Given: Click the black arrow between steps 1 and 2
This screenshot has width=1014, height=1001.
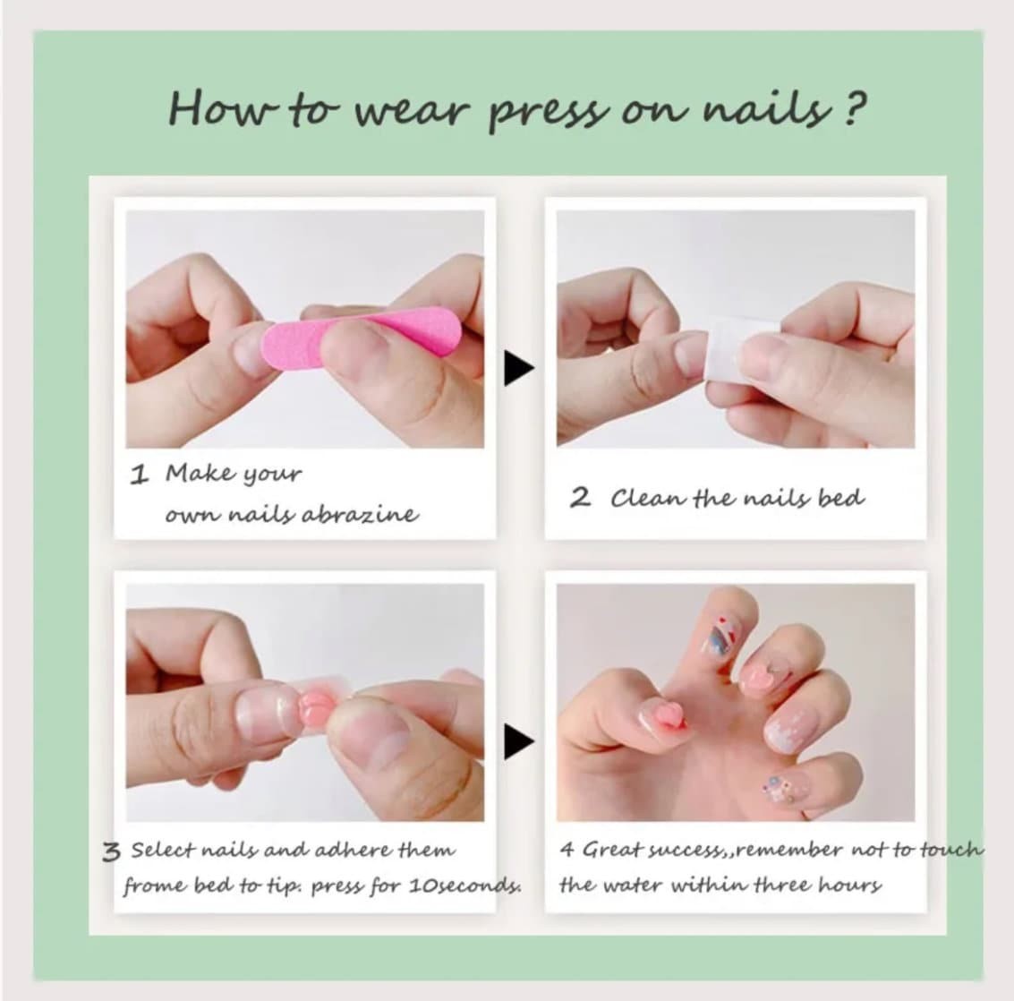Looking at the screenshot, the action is [518, 368].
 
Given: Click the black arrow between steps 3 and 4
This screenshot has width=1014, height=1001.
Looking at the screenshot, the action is [518, 741].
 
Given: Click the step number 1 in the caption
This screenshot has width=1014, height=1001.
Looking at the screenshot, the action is [139, 475].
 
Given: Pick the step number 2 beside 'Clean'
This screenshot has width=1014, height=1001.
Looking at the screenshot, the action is [580, 498].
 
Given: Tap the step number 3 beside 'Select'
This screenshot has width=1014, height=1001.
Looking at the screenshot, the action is [111, 851].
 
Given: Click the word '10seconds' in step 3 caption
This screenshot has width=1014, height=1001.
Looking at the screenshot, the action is [464, 885].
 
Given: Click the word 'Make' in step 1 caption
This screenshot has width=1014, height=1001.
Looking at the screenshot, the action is [192, 474].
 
